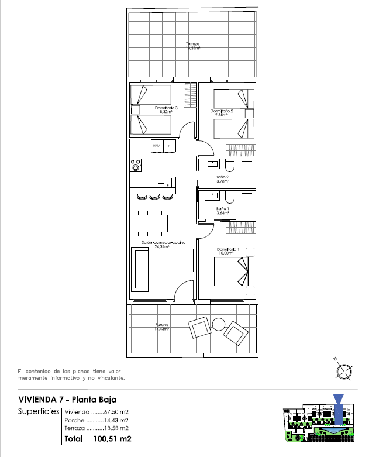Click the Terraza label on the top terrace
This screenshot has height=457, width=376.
pyautogui.click(x=192, y=46)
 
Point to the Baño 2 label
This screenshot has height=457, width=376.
pyautogui.click(x=222, y=178)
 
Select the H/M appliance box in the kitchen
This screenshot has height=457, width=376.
pyautogui.click(x=156, y=145)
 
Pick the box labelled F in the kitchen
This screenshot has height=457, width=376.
pyautogui.click(x=170, y=145)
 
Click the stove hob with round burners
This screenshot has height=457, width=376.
pyautogui.click(x=136, y=165)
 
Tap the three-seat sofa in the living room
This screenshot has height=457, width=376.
pyautogui.click(x=140, y=269)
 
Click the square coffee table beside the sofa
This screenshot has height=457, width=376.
pyautogui.click(x=162, y=269)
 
